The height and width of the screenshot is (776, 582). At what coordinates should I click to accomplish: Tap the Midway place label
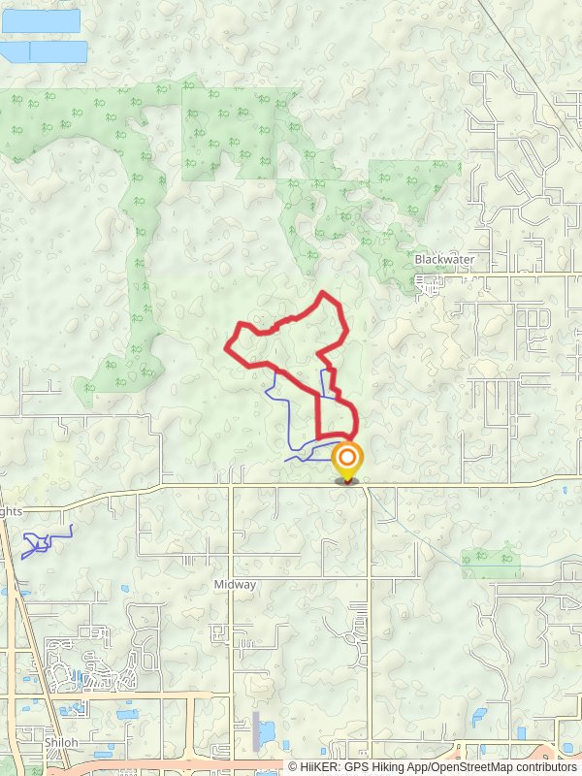pyautogui.click(x=235, y=585)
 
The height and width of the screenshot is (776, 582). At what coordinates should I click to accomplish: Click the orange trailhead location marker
pyautogui.click(x=346, y=459)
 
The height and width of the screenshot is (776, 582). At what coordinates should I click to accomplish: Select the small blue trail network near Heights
pyautogui.click(x=44, y=541)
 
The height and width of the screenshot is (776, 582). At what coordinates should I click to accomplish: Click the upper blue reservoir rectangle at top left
pyautogui.click(x=41, y=20)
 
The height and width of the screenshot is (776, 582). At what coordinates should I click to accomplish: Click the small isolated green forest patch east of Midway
pyautogui.click(x=490, y=560)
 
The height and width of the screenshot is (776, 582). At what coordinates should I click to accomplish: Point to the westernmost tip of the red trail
pyautogui.click(x=226, y=347)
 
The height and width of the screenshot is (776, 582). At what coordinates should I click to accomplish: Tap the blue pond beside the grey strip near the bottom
pyautogui.click(x=267, y=730)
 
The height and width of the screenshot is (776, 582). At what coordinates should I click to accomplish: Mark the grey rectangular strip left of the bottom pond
pyautogui.click(x=255, y=730)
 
